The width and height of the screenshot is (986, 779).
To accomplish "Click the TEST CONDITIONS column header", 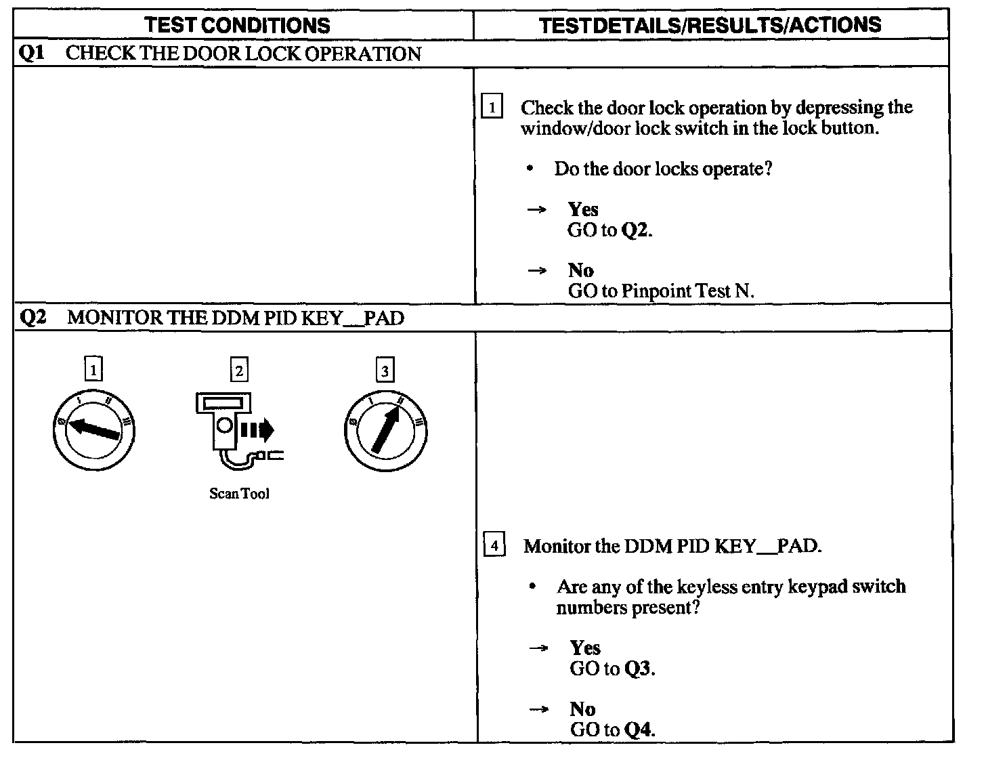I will coord(237,26).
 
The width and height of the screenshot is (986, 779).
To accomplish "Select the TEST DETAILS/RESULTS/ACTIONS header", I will coord(710,26).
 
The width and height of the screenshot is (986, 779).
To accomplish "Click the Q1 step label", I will coord(32,54).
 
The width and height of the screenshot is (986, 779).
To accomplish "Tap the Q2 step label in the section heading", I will coord(33,317).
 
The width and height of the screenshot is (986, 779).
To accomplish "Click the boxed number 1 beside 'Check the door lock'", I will coord(492,108).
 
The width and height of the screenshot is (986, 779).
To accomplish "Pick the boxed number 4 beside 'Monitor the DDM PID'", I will coord(494,545).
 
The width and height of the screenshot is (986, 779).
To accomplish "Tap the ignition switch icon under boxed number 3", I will coord(385,431).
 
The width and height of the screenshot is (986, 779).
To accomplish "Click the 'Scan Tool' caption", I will coord(239,494).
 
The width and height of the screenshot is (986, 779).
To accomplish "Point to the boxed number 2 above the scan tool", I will coord(239,370).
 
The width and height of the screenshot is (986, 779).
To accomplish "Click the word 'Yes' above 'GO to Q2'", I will coord(583,209).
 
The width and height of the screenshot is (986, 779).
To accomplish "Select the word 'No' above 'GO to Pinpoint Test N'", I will coord(581,270).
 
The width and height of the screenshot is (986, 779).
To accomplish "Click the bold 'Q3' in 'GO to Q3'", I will coord(638,669).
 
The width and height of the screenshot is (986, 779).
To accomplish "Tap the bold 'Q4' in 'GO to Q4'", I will coord(639,730).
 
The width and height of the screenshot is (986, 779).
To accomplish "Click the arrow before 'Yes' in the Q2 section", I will coord(538,648).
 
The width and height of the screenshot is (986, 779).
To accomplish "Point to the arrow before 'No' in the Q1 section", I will coord(536,271).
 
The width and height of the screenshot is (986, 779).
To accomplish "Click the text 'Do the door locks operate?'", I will coord(663,169).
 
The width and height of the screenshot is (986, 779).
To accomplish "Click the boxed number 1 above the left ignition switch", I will coord(93,370).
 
